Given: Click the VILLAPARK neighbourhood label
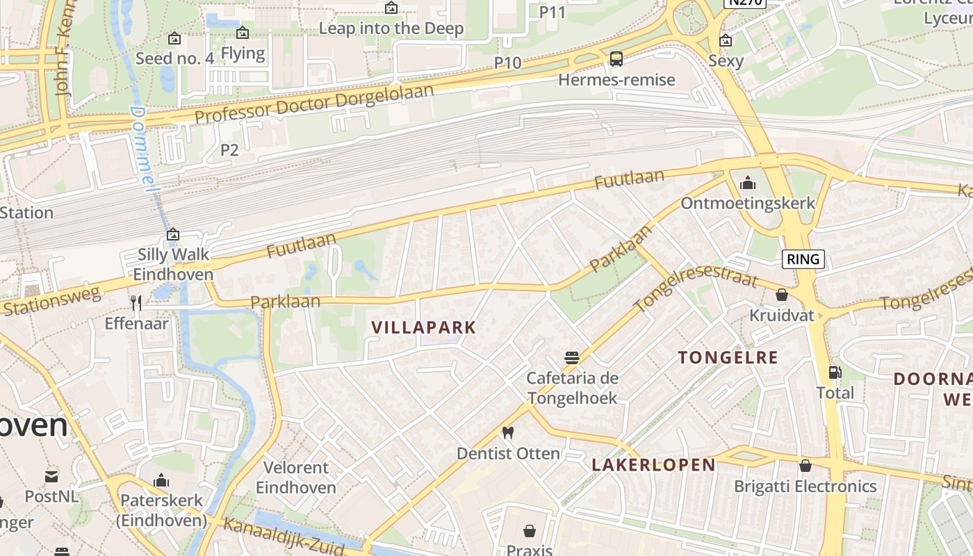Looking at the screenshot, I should [x=424, y=327].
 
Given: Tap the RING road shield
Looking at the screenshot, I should [x=803, y=259].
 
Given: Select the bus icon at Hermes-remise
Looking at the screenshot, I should [x=616, y=59].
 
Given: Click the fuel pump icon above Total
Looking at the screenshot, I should [x=835, y=373].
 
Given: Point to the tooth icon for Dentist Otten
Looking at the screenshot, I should [x=507, y=432].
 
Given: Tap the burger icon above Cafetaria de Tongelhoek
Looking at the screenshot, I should [x=572, y=358].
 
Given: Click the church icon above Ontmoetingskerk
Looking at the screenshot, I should [x=748, y=183].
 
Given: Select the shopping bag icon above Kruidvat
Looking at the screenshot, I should [x=782, y=295].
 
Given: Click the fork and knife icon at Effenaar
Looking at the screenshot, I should [x=136, y=302].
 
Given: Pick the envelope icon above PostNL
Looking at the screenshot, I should [x=51, y=477].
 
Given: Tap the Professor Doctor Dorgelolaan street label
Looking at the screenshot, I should [x=314, y=104].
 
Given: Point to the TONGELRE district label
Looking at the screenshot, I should [x=728, y=357].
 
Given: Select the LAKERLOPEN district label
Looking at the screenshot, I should [x=653, y=465].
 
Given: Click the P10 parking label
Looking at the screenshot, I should [x=507, y=63].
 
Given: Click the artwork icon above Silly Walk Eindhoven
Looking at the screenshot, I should [x=173, y=235].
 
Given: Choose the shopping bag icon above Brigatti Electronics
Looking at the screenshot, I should [x=805, y=466].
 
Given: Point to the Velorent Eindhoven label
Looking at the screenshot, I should [x=296, y=477].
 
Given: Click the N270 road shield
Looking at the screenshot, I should [x=745, y=3].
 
